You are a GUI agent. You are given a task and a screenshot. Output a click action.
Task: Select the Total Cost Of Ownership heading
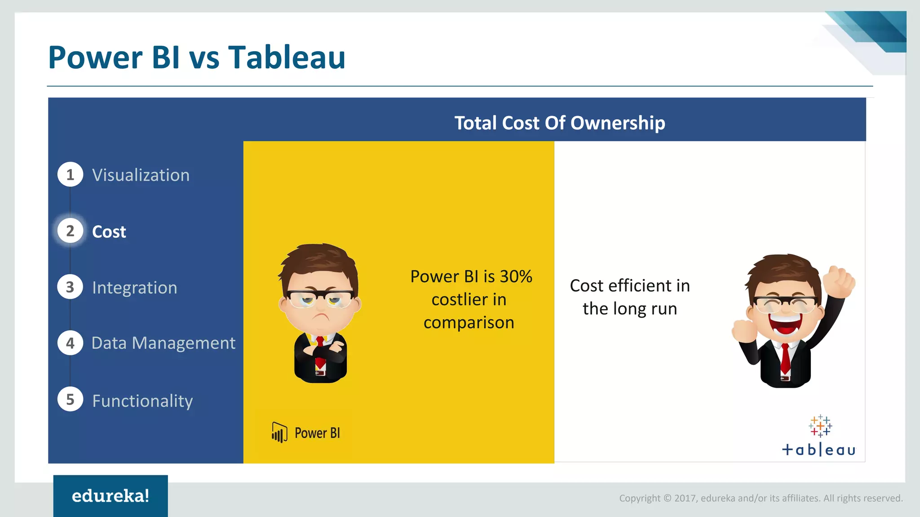(x=559, y=123)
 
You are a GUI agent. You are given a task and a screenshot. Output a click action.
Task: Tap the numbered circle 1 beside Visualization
(x=70, y=175)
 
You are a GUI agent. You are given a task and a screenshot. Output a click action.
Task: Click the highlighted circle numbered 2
(x=70, y=231)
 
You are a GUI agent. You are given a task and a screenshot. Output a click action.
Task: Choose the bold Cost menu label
(x=109, y=232)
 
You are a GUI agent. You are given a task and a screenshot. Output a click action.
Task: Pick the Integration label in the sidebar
(x=134, y=288)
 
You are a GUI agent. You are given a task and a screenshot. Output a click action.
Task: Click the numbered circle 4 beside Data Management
(x=70, y=343)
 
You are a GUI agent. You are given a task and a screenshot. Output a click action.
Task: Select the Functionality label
(x=142, y=401)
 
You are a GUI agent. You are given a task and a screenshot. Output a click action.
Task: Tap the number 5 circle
(x=70, y=399)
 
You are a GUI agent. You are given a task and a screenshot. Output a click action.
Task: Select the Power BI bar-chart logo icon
(x=279, y=433)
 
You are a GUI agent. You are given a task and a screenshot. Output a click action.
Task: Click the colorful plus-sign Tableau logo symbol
(x=820, y=425)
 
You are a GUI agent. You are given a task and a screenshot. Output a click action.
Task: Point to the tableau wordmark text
(x=818, y=450)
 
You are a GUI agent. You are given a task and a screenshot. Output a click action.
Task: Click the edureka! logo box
(x=111, y=495)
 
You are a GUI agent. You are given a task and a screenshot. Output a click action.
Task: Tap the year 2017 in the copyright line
(x=685, y=498)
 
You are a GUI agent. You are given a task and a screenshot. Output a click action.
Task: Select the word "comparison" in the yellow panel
(x=469, y=323)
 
